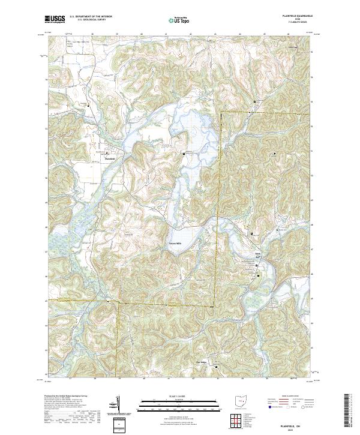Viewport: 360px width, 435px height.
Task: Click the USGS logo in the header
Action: tap(55, 20)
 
